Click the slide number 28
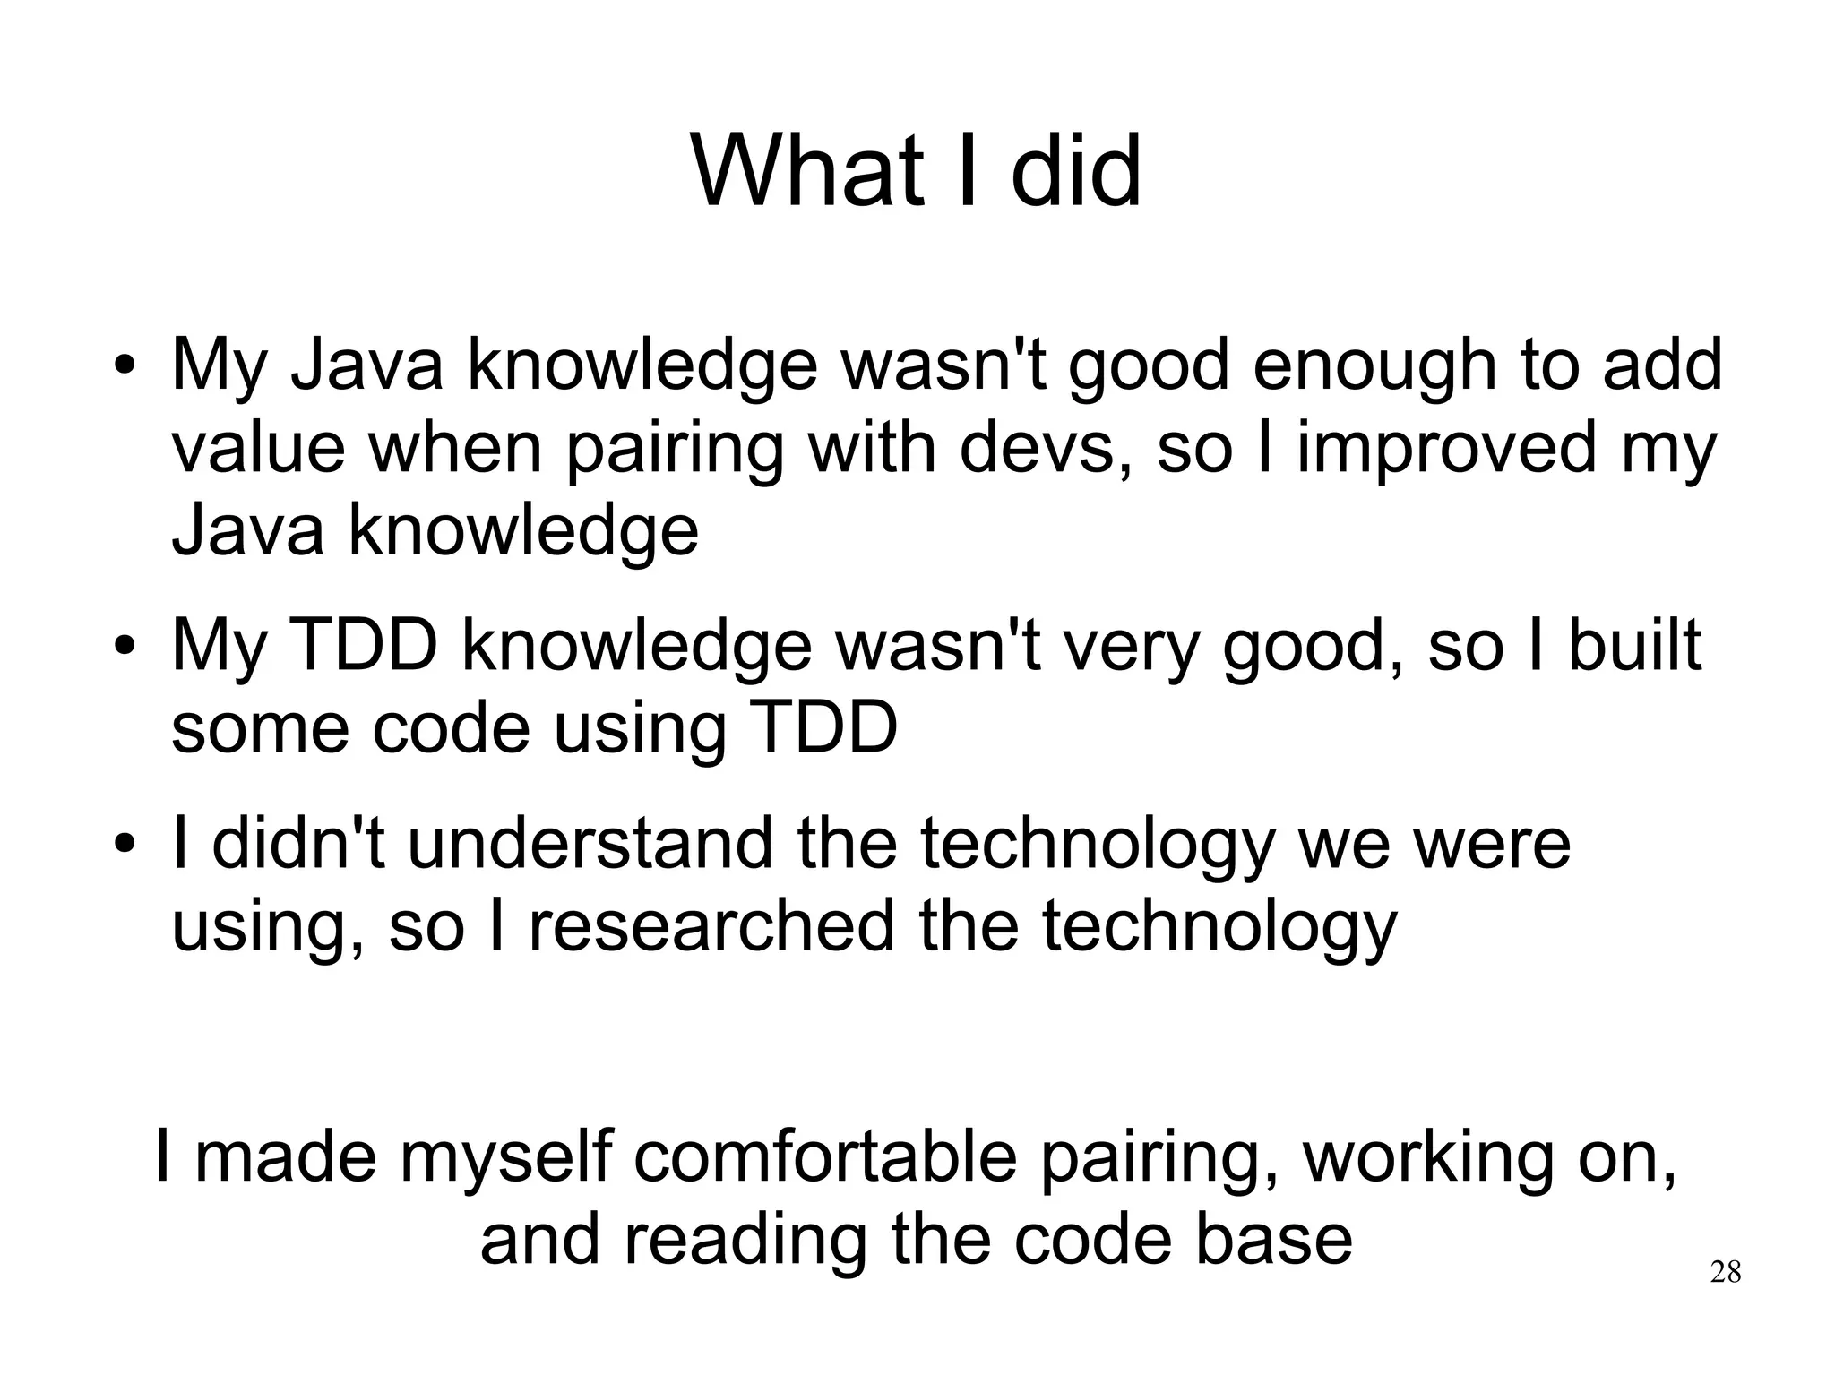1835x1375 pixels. click(x=1725, y=1272)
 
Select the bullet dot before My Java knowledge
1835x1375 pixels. click(x=125, y=367)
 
